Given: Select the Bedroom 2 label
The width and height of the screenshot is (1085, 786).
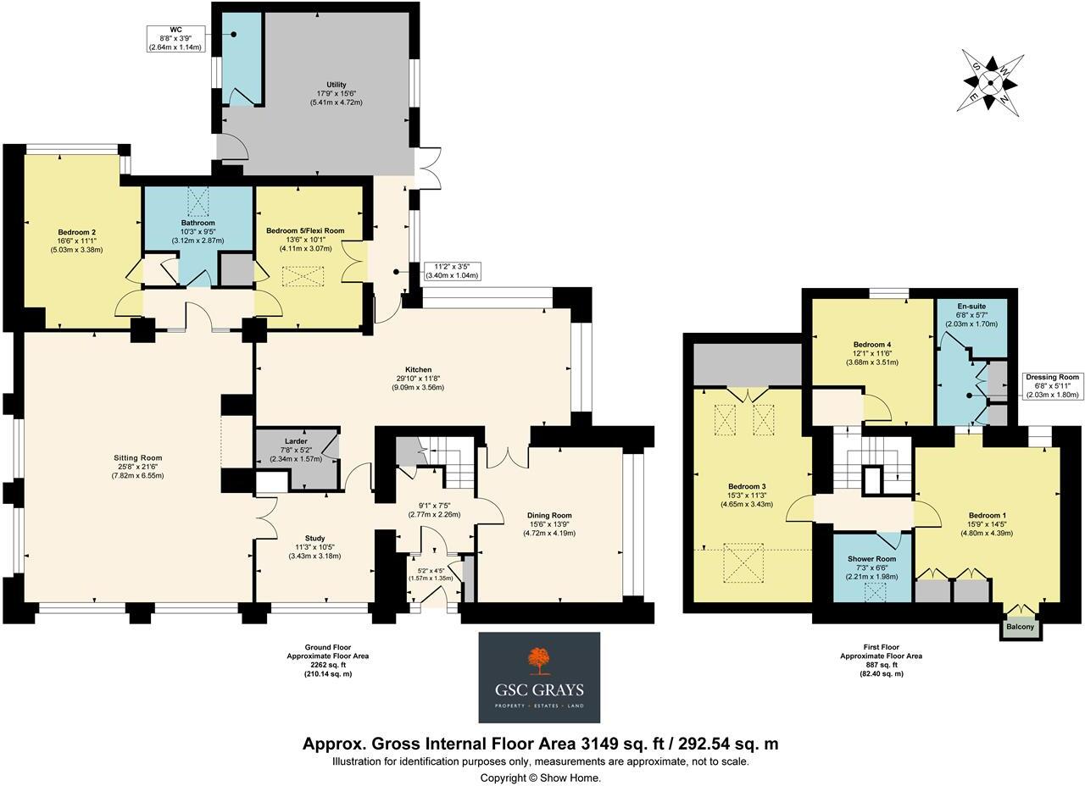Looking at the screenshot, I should coord(76,232).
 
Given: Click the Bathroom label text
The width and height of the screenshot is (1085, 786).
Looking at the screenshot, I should coord(198,223).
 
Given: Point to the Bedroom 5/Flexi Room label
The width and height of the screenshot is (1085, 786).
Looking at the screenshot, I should coord(305,230).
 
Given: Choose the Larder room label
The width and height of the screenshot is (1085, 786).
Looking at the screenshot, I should coord(296,441).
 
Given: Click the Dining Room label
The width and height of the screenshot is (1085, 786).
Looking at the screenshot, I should coord(549,515).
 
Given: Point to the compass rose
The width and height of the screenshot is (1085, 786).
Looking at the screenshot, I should coord(992,81).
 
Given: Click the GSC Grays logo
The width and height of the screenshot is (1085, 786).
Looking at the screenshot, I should coord(539,677).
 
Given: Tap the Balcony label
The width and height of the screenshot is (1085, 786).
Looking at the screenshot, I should coord(1021,628).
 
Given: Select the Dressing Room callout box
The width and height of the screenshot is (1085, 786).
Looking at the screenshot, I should coord(1051,385).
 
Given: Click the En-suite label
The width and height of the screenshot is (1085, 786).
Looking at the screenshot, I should coord(971,306).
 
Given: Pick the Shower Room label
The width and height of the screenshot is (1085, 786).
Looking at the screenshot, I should coord(871,559).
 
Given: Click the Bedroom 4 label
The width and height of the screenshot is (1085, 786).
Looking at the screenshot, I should coord(872,345).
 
